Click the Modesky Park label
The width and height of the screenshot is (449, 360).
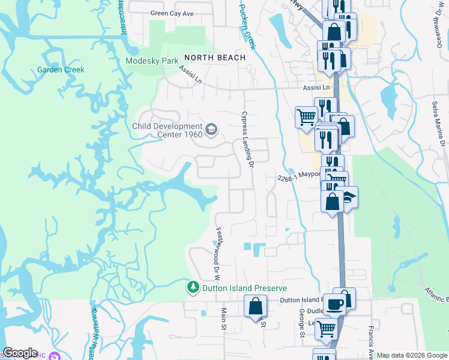click(x=152, y=61)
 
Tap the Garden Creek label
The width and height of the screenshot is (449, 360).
click(x=61, y=70)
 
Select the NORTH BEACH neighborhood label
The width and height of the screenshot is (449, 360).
click(x=215, y=58)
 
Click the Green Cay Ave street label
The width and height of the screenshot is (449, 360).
click(x=172, y=13)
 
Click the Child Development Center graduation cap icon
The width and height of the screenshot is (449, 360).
click(x=211, y=129)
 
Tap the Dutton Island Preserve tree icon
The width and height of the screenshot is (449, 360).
click(x=193, y=288)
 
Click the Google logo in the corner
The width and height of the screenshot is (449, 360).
click(x=20, y=353)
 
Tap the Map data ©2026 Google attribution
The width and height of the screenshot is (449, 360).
click(x=412, y=355)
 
